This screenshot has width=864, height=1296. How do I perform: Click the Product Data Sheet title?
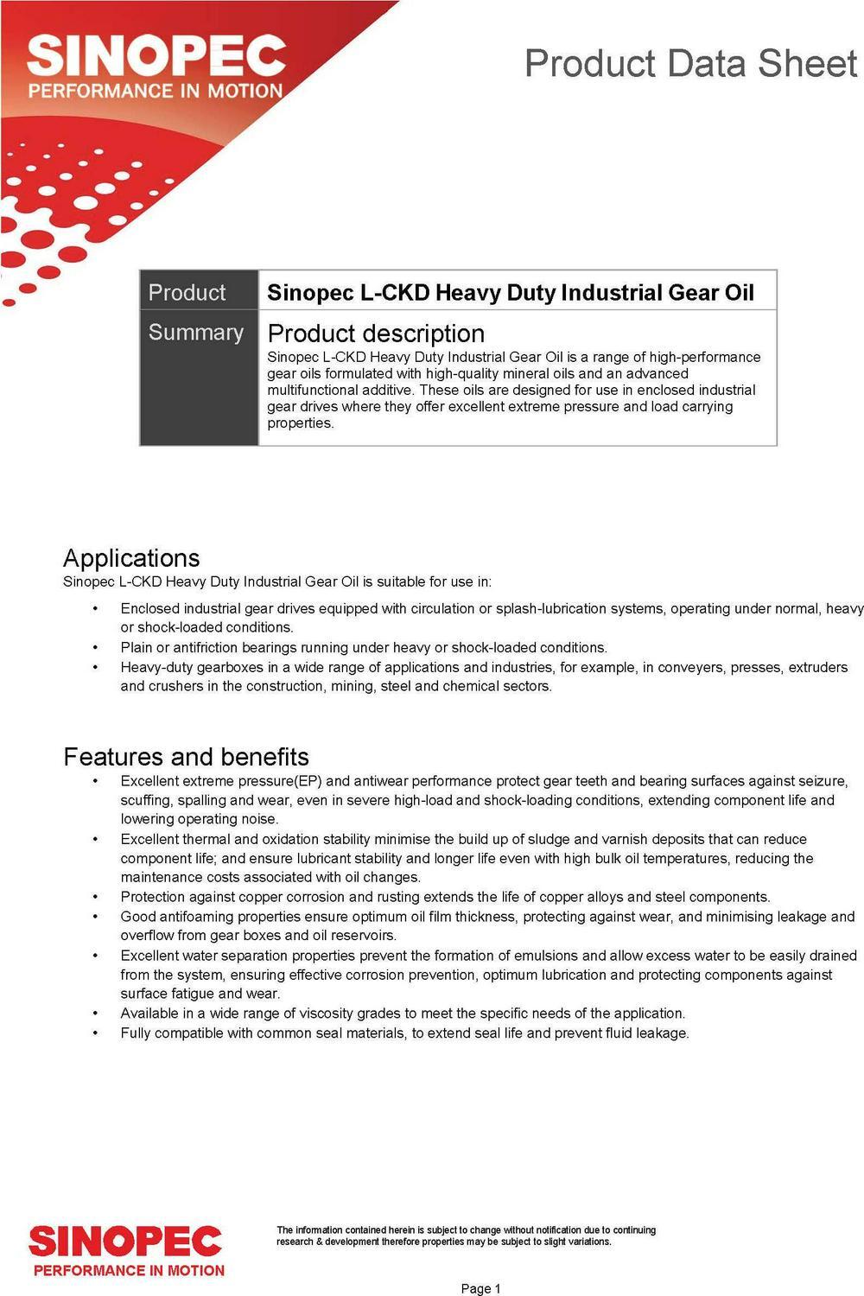tap(690, 65)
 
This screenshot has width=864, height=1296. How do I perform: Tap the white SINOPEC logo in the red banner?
tap(156, 56)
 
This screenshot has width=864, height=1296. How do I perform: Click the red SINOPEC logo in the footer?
tap(125, 1242)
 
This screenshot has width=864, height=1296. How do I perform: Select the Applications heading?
tap(131, 558)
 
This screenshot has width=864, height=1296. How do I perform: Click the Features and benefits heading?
tap(186, 757)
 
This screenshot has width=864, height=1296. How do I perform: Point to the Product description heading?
tap(376, 334)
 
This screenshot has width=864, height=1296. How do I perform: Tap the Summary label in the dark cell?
tap(196, 333)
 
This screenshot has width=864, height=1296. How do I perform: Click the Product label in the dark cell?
tap(187, 292)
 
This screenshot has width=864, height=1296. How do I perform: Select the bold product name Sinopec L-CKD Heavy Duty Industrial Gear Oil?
tap(510, 292)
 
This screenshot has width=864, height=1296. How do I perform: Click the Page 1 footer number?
tap(481, 1289)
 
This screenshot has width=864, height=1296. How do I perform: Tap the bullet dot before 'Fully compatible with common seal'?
tap(95, 1033)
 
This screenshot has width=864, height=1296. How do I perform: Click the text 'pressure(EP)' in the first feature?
tap(281, 781)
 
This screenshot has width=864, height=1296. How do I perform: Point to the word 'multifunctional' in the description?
tap(311, 391)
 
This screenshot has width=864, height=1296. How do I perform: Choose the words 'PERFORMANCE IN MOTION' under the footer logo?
tap(129, 1271)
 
